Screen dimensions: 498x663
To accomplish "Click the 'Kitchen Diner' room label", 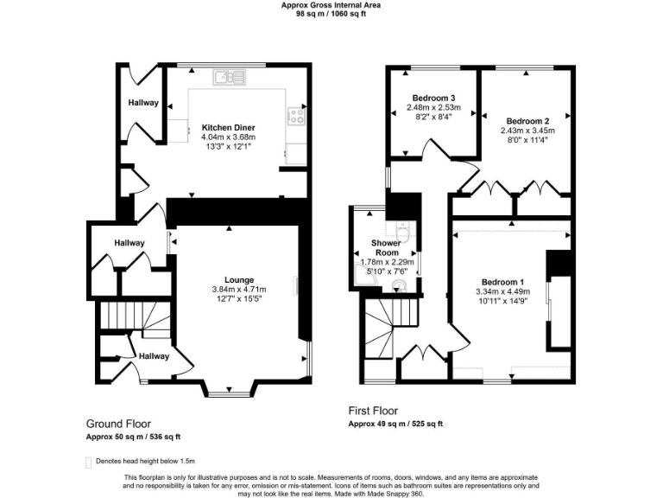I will click(x=228, y=127).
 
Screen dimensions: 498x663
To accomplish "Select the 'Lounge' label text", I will click(x=238, y=279).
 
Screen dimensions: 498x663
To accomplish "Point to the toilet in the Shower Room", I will click(x=402, y=231).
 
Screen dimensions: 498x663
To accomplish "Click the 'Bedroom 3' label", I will click(x=433, y=98).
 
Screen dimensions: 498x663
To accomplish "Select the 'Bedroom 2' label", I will click(x=527, y=121).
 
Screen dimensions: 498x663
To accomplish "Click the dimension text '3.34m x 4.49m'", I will click(x=502, y=292).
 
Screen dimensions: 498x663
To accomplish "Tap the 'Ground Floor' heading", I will click(x=118, y=424).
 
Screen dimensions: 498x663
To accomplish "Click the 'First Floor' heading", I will click(x=373, y=411).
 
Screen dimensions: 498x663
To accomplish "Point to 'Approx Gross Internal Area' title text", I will click(x=331, y=4).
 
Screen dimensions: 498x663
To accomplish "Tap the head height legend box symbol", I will click(x=89, y=462).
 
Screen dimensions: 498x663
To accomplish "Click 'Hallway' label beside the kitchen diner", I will click(x=143, y=103).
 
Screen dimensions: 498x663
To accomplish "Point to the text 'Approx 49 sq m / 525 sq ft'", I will click(x=395, y=424).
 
